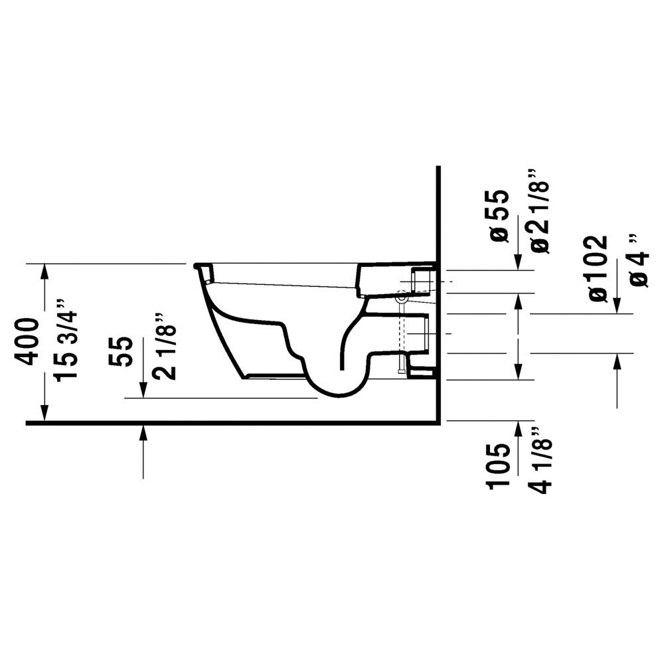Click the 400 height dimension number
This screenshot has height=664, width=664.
click(x=27, y=342)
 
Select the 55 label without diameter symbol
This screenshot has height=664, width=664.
click(x=121, y=351)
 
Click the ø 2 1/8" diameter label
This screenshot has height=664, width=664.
click(x=539, y=211)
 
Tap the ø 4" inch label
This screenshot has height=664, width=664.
click(x=638, y=260)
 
